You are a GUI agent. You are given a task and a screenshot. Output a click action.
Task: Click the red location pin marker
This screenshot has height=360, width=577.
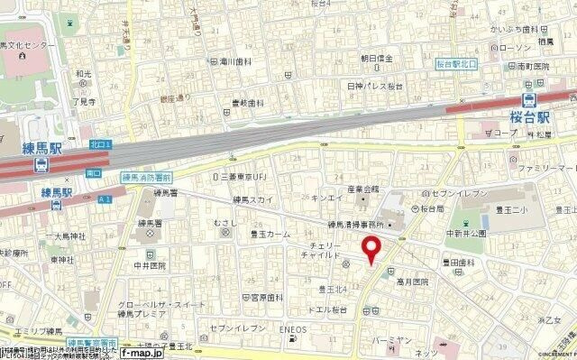click(369, 249)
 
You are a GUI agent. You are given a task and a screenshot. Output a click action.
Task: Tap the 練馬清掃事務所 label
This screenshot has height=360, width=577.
click(355, 223)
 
